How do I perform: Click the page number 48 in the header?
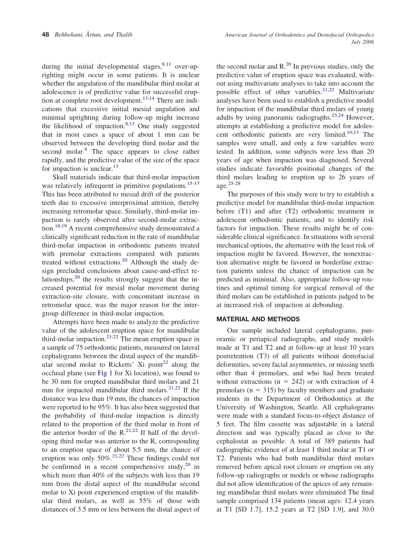45,35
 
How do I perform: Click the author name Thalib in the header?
123,35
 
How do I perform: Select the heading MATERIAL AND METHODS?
258,319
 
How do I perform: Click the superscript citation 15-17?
193,183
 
